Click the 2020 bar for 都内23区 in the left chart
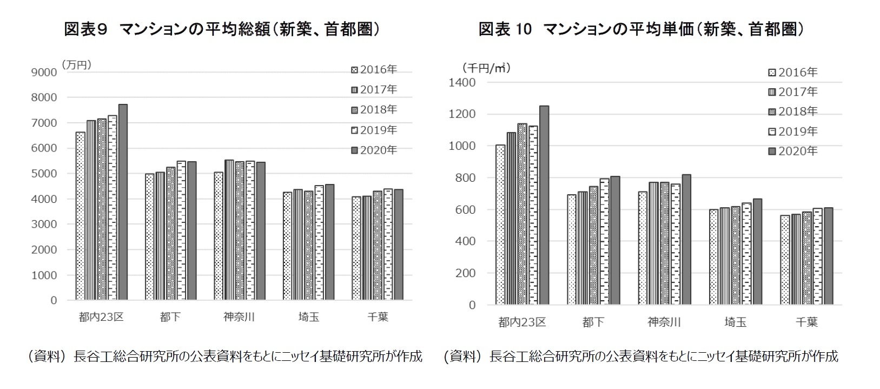(123, 203)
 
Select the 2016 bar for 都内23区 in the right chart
(500, 225)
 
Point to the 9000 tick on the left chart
(45, 72)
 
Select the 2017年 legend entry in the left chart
(374, 89)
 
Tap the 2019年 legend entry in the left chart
(374, 130)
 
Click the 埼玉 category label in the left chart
(309, 317)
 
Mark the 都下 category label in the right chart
(593, 322)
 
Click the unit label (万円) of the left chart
(76, 64)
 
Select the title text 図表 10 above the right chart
(505, 29)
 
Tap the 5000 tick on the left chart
(45, 174)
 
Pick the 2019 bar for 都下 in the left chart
(181, 230)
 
